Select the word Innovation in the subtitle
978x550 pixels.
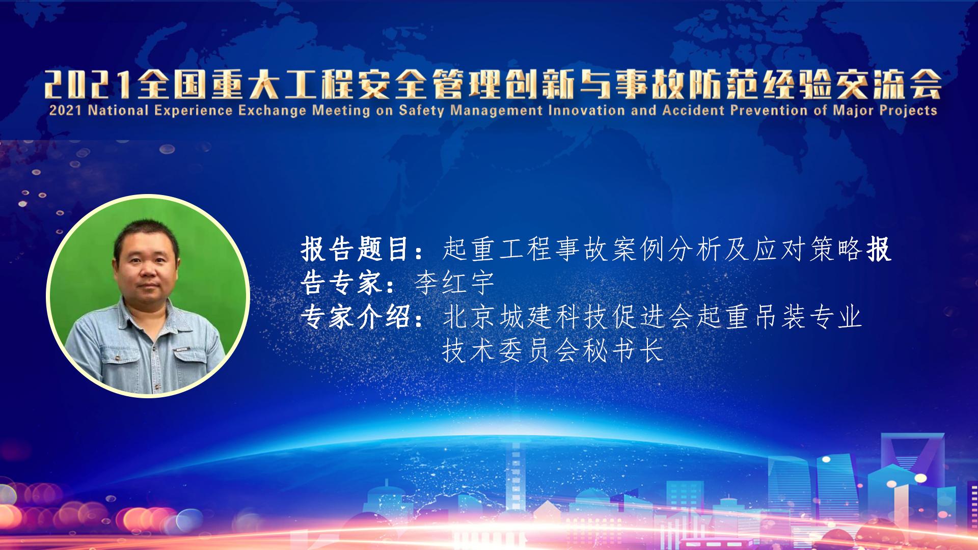584,110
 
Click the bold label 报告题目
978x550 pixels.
357,250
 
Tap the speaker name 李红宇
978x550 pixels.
454,283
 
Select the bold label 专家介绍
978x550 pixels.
357,317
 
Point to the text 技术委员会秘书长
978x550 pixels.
553,350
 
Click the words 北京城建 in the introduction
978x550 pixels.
498,317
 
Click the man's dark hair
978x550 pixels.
146,233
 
